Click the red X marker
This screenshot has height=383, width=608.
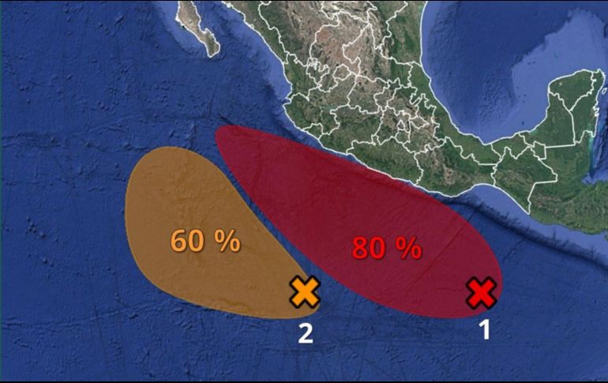481,293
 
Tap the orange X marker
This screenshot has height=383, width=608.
305,292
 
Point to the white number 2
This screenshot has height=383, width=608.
305,335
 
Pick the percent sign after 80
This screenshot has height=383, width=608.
408,249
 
